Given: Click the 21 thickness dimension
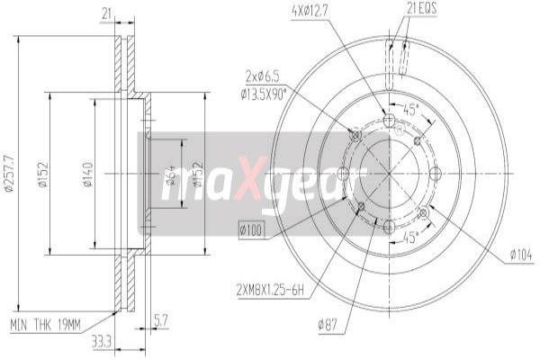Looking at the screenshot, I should pos(106,13).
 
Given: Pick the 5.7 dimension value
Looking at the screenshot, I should pos(160,317).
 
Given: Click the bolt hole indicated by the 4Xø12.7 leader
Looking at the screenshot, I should pos(389,121).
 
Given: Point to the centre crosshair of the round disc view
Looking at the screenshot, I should pos(389,173).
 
